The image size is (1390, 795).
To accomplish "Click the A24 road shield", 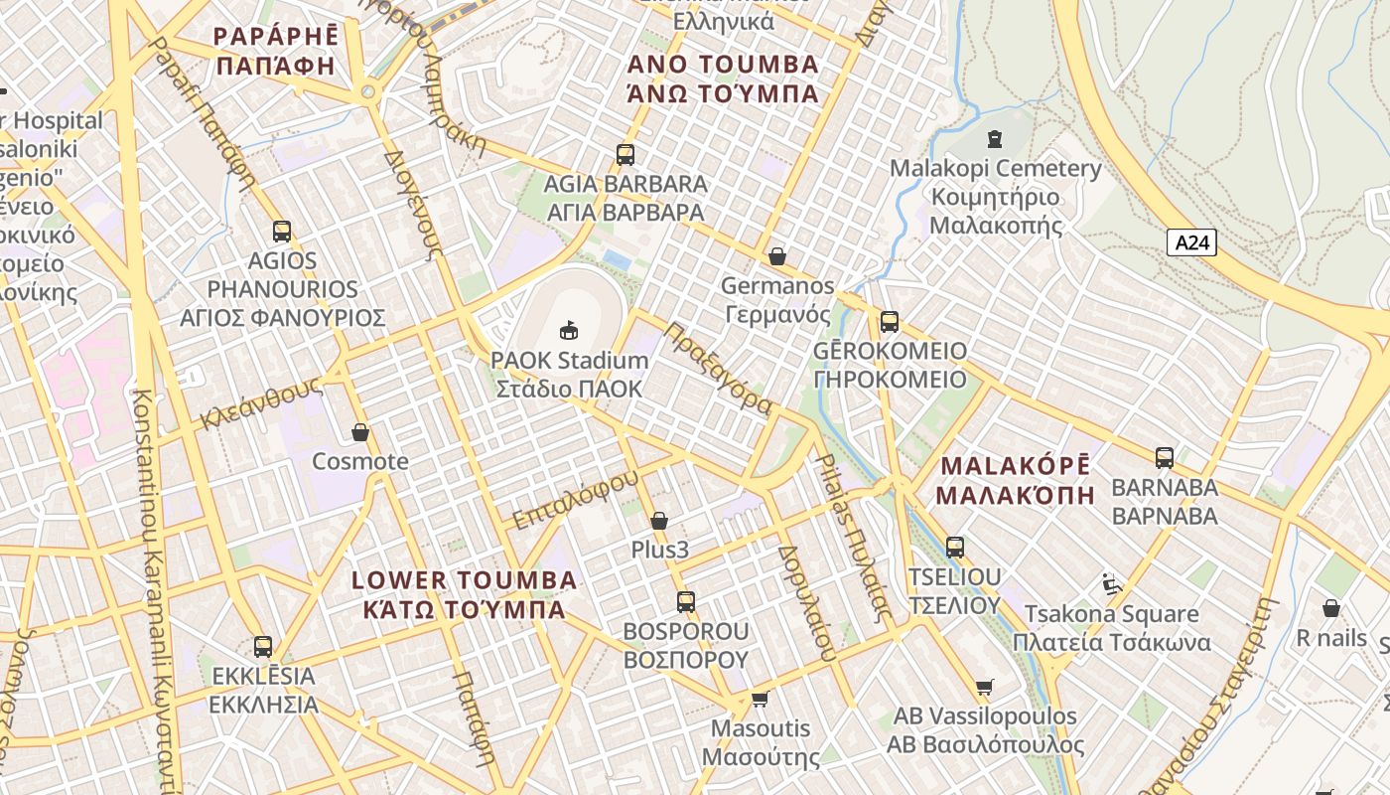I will coord(1191,242).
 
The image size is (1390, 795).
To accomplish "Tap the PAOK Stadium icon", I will coord(569,330).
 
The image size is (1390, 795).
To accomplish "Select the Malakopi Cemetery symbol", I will coord(995,139).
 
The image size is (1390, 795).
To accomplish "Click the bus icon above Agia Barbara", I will coord(625,155).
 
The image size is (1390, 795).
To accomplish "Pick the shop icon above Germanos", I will coord(777,256).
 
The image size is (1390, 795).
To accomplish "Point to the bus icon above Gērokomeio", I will coord(889,322).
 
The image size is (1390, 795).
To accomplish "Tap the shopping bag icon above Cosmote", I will coord(360,432).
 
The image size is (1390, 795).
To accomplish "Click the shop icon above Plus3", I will coord(659,521).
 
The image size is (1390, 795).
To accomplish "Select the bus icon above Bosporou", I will coord(685,601).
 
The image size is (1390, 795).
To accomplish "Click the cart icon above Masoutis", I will coord(761,699).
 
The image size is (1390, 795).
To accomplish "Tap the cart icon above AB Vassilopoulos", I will coord(984,687).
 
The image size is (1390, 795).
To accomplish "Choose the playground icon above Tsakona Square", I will coord(1111,583).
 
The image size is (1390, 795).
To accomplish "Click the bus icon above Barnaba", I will coord(1164,458).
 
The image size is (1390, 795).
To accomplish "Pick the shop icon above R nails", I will coord(1331,608).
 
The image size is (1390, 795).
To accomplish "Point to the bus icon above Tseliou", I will coord(954,547).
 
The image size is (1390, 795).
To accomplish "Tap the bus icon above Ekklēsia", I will coord(263,647).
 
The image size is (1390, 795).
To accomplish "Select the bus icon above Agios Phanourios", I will coord(282,232).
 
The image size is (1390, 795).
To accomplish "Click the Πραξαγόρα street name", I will coord(719,369).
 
